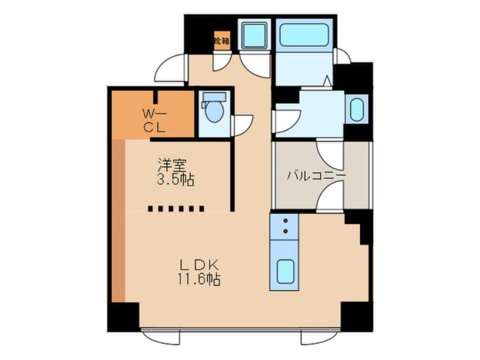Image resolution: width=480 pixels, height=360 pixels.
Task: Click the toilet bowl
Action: (x=214, y=112)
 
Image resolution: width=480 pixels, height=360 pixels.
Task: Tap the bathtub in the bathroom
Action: (x=304, y=35)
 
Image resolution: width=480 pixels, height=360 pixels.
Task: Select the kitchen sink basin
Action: (x=285, y=271)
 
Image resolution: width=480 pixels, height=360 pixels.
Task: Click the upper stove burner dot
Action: (x=285, y=220)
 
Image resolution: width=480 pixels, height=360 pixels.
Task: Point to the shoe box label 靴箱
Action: (x=222, y=40)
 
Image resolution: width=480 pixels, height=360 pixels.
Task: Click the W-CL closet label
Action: (x=154, y=121)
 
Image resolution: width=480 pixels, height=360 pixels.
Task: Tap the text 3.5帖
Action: (x=175, y=180)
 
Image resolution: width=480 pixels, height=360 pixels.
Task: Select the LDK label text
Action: (x=199, y=265)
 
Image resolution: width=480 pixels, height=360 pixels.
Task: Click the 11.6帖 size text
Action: (x=199, y=279)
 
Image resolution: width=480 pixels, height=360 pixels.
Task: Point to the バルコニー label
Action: (x=316, y=175)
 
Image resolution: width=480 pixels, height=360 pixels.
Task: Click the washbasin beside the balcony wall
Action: (x=356, y=109)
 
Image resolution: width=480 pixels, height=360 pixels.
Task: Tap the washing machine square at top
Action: (x=254, y=36)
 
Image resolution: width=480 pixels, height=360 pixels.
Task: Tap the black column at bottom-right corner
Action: (x=356, y=316)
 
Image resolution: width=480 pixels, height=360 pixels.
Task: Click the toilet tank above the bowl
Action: (x=214, y=97)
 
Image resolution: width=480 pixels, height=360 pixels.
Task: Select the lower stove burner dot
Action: (x=285, y=231)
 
